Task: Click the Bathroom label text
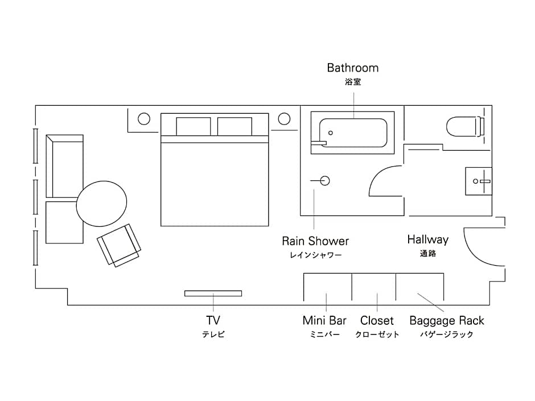point(352,68)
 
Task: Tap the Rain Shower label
point(315,241)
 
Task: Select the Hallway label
point(427,239)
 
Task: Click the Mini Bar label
point(324,321)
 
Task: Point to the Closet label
point(377,321)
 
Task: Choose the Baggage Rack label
point(447,321)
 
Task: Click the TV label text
point(213,320)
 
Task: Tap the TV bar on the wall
point(213,293)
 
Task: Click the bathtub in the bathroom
point(353,133)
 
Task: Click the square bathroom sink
point(478,181)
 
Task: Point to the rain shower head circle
point(324,181)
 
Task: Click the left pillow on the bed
point(194,126)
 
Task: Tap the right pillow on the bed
point(234,126)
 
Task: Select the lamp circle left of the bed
point(144,119)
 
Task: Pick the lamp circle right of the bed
point(284,119)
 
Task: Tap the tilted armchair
point(120,245)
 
